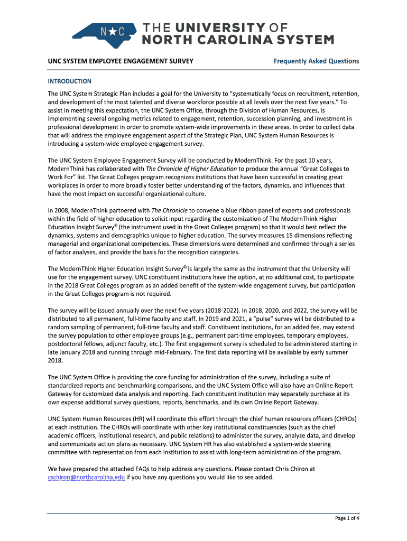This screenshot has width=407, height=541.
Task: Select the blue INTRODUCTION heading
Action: (69, 81)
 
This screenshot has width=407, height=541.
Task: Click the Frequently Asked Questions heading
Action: (316, 61)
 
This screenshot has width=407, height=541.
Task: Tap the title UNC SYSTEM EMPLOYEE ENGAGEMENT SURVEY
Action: (120, 61)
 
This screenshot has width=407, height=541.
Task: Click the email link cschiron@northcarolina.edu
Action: (86, 477)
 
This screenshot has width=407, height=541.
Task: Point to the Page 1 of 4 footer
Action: (347, 518)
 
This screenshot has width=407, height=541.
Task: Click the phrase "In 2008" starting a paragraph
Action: (59, 210)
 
